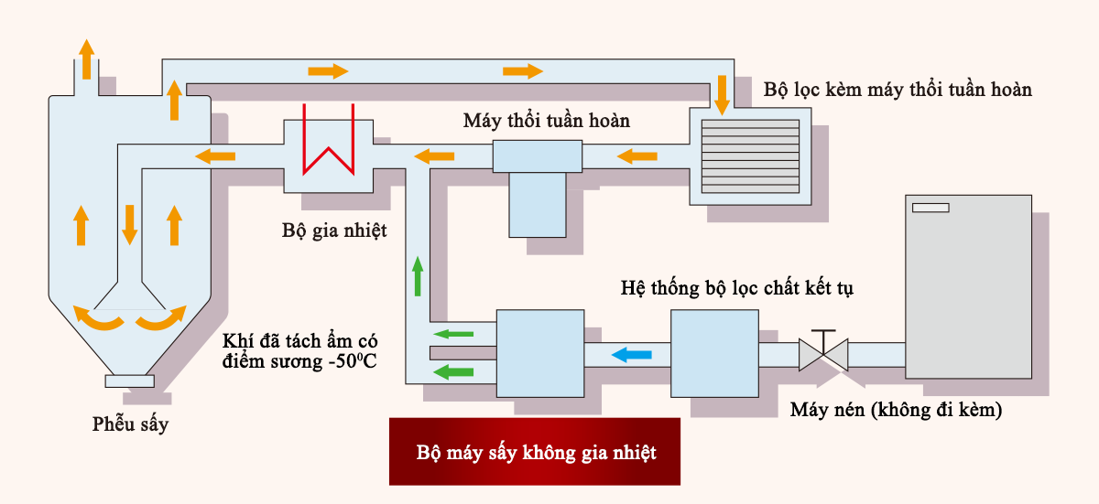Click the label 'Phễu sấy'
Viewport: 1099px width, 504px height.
tap(130, 424)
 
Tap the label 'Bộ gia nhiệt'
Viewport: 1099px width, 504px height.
tap(334, 230)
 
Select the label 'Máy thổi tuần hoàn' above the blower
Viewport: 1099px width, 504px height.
tap(547, 121)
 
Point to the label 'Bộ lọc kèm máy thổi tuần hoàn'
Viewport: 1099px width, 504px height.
tap(898, 90)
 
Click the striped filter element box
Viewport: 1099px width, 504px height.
tap(750, 152)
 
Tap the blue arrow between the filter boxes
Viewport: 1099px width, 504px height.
tap(632, 354)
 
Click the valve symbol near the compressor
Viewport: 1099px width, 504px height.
tap(822, 352)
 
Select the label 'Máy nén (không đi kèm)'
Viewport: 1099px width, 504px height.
tap(896, 410)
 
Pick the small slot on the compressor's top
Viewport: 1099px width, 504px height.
tap(930, 208)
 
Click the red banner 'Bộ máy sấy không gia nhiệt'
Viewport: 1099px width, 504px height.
tap(535, 452)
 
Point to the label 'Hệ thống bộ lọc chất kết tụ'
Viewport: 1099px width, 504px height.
tap(738, 289)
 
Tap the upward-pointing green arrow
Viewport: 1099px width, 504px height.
tap(419, 276)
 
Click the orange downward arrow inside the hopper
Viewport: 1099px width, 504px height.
tap(130, 224)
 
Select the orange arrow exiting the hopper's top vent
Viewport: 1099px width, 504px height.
tap(86, 59)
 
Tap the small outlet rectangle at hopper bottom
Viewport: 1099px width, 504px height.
tap(129, 381)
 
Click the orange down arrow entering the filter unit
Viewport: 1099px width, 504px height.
tap(722, 95)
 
